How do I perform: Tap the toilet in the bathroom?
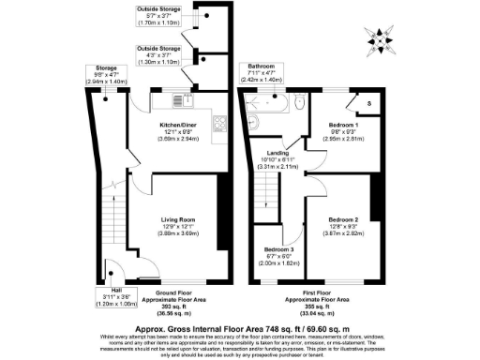[297, 100]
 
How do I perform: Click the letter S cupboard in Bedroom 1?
[368, 103]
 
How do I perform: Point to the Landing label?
[277, 157]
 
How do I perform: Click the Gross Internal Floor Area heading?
[239, 330]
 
